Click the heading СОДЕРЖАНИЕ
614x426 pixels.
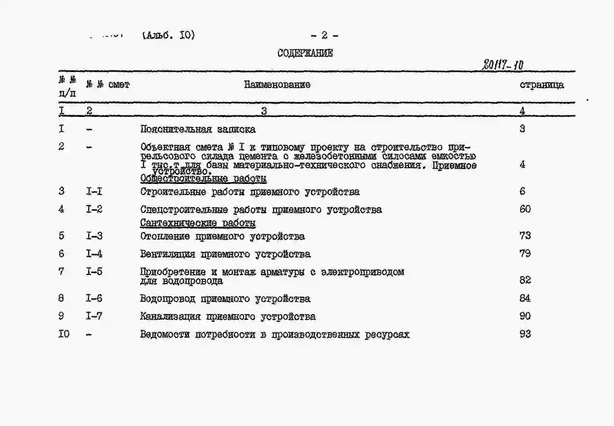[x=305, y=53]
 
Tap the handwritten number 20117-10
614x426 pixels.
[x=503, y=65]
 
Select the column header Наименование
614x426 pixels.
[x=277, y=85]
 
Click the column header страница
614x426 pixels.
[x=542, y=85]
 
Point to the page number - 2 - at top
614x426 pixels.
[x=324, y=35]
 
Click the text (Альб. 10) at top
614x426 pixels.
[x=168, y=35]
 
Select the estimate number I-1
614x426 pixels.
[x=94, y=191]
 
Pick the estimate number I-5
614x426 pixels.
[x=94, y=272]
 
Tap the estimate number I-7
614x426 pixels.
[x=94, y=316]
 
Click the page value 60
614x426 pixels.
[x=525, y=209]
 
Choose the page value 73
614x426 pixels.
[x=525, y=236]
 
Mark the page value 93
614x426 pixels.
[x=525, y=334]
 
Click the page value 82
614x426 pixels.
[x=525, y=280]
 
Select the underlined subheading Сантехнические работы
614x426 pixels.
[x=198, y=223]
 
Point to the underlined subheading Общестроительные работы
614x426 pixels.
[x=203, y=178]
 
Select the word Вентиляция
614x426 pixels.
[x=167, y=254]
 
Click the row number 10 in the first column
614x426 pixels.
[x=64, y=334]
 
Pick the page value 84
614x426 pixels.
[x=525, y=298]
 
